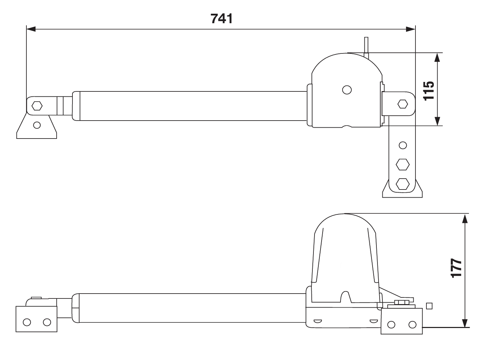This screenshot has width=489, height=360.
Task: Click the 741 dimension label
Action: tap(222, 19)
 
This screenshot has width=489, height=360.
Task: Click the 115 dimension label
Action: tap(429, 91)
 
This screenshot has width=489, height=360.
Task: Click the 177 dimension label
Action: tap(456, 268)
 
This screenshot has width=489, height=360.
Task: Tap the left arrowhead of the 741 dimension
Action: tap(31, 29)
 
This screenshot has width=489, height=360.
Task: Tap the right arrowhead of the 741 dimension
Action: tap(411, 29)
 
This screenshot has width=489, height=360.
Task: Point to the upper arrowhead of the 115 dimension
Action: tap(437, 58)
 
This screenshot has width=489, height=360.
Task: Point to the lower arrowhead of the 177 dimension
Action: tap(465, 323)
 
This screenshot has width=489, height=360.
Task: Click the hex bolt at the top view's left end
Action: tap(37, 106)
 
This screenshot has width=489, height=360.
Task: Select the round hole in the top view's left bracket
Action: tap(37, 125)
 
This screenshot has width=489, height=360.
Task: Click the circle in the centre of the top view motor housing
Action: tap(347, 90)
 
